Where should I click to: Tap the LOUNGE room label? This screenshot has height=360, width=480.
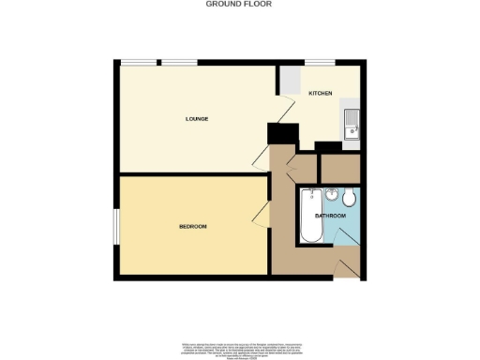pyautogui.click(x=196, y=119)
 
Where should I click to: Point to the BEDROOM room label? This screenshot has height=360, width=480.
pyautogui.click(x=193, y=227)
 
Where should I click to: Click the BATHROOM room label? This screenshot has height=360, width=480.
pyautogui.click(x=330, y=217)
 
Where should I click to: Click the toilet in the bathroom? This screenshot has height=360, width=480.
pyautogui.click(x=349, y=199)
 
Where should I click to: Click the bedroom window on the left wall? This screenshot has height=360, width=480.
pyautogui.click(x=115, y=226)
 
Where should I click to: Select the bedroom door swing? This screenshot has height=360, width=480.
pyautogui.click(x=259, y=217)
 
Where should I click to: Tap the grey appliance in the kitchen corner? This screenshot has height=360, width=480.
pyautogui.click(x=290, y=78)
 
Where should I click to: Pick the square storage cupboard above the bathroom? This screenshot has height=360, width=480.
pyautogui.click(x=338, y=168)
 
